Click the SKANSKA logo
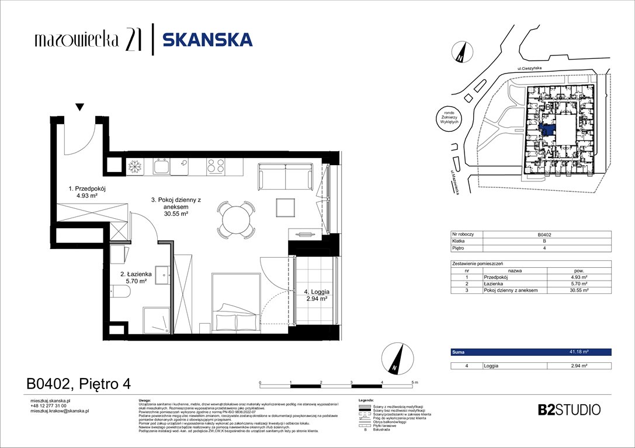(x=207, y=40)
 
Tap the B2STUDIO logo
(x=568, y=409)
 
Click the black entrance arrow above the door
(x=80, y=107)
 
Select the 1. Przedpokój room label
(x=86, y=192)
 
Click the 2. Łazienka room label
(x=137, y=276)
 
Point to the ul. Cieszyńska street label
(x=529, y=69)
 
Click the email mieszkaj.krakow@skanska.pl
(x=60, y=411)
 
